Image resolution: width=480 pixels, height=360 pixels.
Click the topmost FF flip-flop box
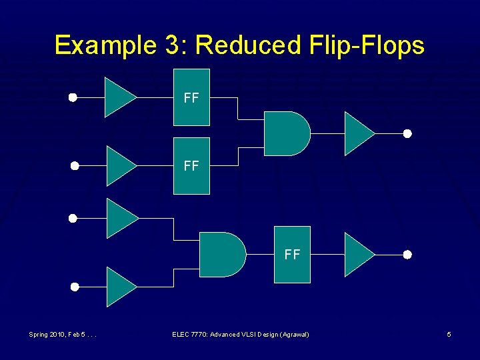tap(191, 97)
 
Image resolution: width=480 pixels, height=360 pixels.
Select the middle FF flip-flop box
tap(191, 165)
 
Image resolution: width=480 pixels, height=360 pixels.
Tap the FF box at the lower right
tap(292, 255)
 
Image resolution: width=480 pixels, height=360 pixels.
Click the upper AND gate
tap(285, 133)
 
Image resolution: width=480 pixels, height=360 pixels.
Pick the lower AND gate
tap(221, 255)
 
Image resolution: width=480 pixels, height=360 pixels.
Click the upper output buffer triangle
tap(357, 133)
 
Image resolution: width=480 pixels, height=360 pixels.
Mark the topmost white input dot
tap(73, 97)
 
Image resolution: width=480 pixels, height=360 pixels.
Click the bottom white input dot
tap(75, 287)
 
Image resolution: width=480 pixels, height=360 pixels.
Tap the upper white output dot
tap(407, 133)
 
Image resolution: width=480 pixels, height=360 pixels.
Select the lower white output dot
tap(407, 255)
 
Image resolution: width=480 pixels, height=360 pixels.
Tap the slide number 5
tap(449, 334)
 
